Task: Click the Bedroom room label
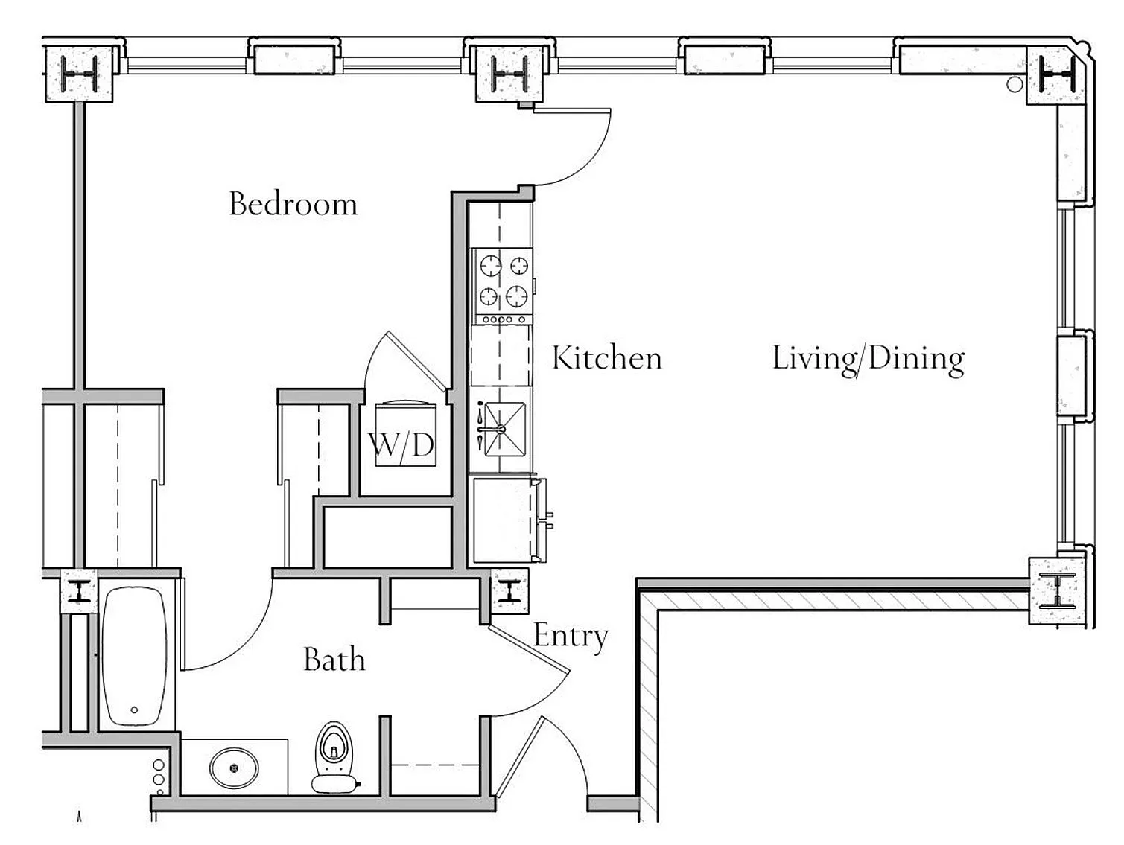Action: [293, 204]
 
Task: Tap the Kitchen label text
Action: [607, 358]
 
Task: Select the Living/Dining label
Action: [869, 360]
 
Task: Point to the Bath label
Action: [334, 659]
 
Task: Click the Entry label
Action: [571, 637]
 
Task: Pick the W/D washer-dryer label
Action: [401, 445]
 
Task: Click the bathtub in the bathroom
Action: [135, 656]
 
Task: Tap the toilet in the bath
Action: [334, 758]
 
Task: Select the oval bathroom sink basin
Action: [234, 768]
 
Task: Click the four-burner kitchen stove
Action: [502, 286]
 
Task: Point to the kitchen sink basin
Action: [505, 430]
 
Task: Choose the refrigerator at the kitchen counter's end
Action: [508, 520]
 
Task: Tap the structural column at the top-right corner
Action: [1056, 76]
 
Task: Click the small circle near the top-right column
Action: [1015, 84]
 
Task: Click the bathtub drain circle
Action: [134, 710]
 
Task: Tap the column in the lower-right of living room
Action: [1056, 591]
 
